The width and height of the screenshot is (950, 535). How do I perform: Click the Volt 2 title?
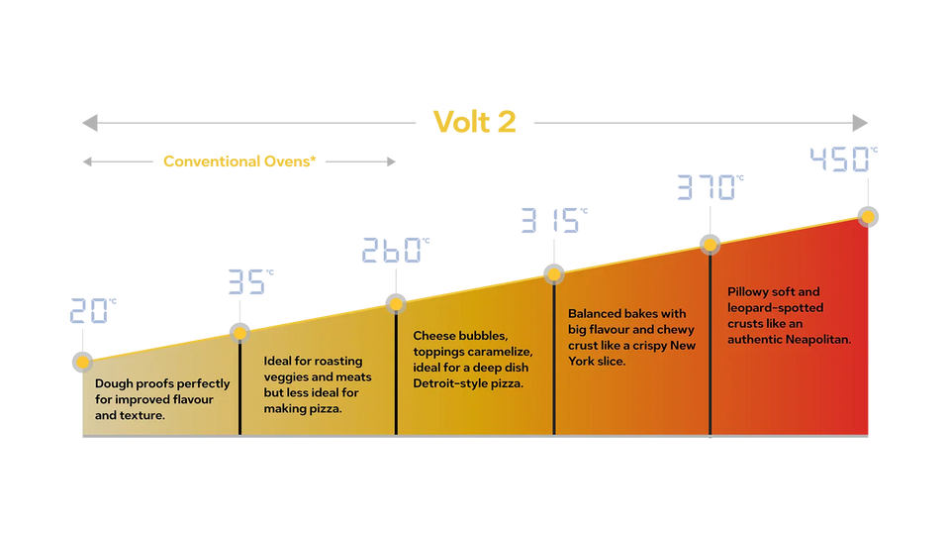[x=474, y=122]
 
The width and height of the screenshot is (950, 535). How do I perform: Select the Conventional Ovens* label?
[x=239, y=161]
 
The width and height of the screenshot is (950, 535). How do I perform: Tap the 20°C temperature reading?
[x=93, y=310]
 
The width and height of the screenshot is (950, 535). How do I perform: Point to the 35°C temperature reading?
[x=250, y=281]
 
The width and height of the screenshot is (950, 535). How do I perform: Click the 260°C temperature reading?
[x=396, y=250]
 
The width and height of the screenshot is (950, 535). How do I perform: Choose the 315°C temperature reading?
[x=554, y=220]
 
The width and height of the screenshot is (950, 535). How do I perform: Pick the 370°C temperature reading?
[x=711, y=187]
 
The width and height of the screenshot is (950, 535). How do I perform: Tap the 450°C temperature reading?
[x=843, y=159]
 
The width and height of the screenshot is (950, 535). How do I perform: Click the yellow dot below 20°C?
[x=82, y=363]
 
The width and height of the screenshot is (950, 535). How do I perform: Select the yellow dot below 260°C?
[x=396, y=304]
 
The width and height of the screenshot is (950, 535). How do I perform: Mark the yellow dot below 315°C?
[x=554, y=274]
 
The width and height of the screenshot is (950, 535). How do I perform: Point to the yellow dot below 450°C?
[x=868, y=217]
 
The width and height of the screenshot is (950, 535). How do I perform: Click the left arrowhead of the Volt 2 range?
[x=90, y=123]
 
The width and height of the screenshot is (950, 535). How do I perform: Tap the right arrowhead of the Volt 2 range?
[x=860, y=123]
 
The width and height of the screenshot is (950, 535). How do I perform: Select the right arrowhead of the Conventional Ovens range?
[x=392, y=161]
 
